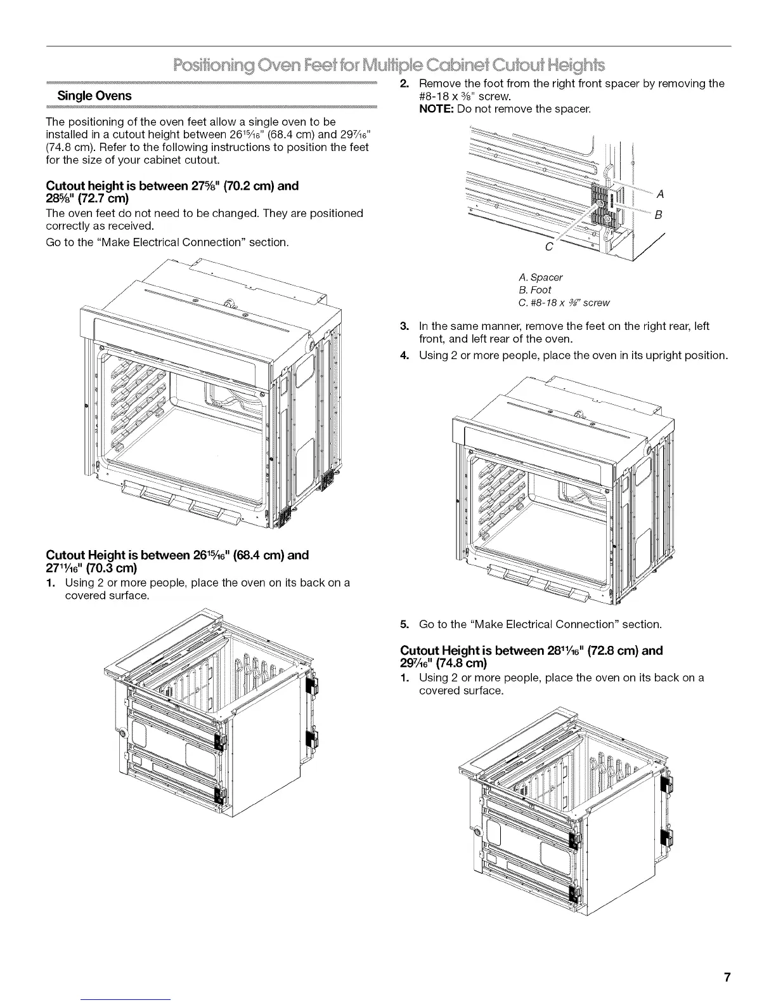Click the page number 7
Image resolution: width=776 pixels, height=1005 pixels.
pos(728,977)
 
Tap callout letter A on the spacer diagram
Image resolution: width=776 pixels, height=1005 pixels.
pos(661,194)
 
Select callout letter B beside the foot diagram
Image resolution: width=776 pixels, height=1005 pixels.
pos(658,216)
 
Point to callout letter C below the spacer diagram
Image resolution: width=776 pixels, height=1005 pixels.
pos(549,246)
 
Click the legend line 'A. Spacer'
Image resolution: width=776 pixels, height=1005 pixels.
pos(540,277)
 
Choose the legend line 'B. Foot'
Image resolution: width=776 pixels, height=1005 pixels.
pos(534,290)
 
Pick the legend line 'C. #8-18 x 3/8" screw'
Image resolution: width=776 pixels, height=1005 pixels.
pos(564,303)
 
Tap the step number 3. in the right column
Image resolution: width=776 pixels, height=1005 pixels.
pos(404,326)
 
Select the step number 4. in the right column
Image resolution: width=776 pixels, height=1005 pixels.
pos(404,355)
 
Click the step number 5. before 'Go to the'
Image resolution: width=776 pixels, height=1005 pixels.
pos(404,624)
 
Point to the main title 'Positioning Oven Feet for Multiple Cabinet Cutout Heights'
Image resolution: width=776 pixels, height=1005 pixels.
pos(389,65)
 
